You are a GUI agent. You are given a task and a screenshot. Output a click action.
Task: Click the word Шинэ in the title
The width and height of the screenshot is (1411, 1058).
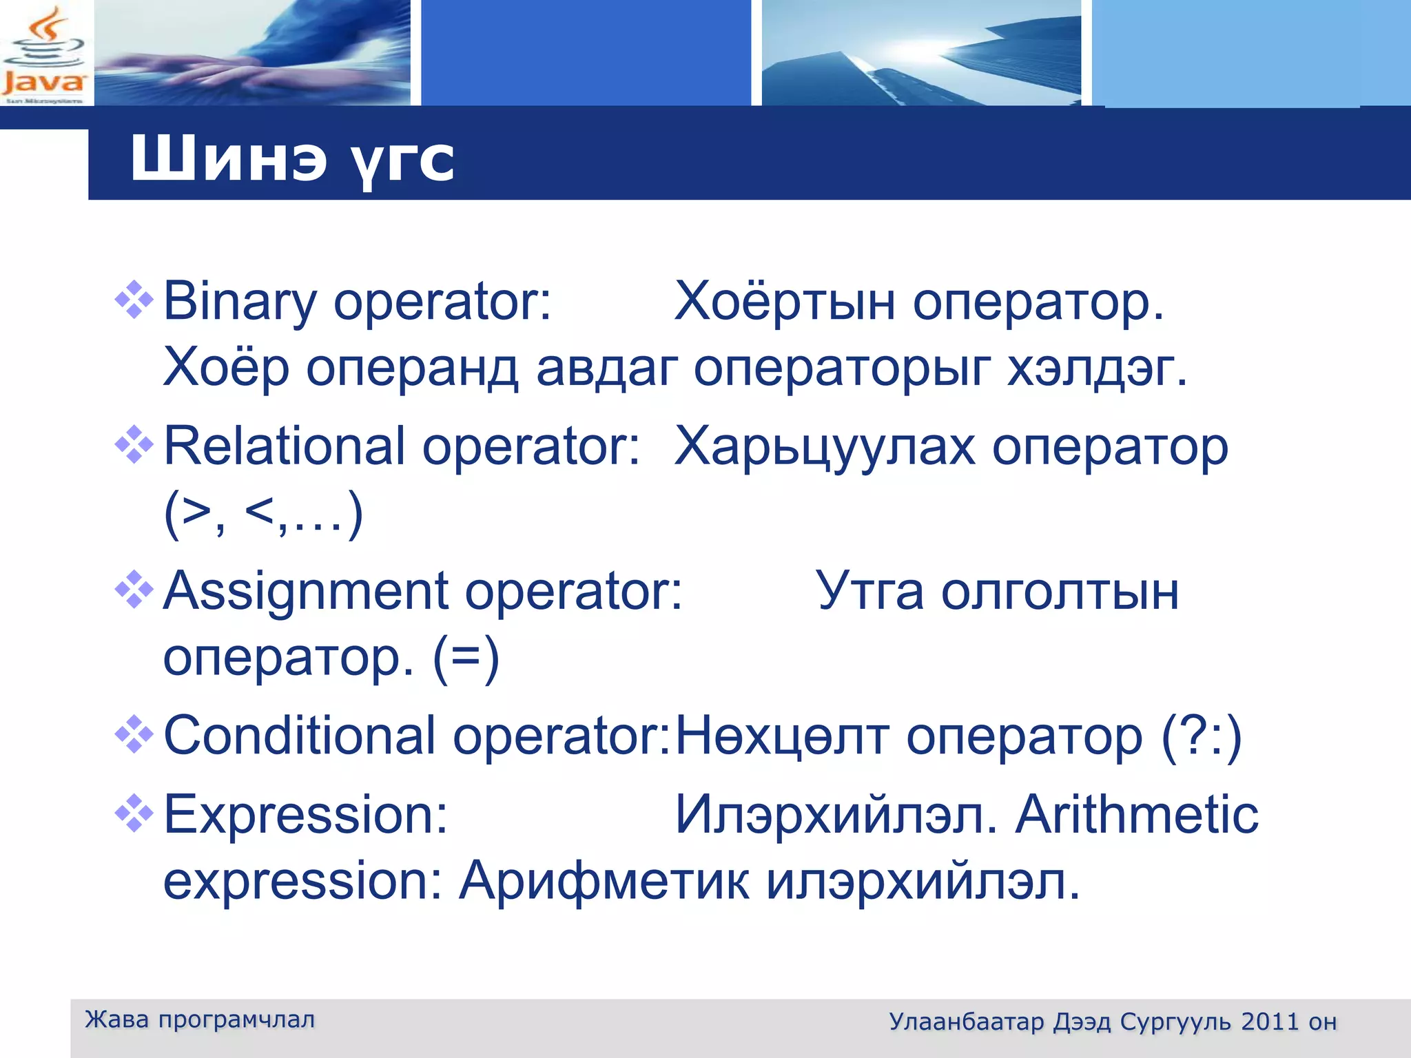click(x=227, y=159)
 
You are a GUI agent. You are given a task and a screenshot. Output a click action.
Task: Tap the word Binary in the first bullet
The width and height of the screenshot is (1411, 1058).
click(x=239, y=302)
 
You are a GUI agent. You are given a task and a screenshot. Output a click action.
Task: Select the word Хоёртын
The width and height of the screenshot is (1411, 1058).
click(x=785, y=302)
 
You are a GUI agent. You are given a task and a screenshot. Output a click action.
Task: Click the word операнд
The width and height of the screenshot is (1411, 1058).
click(x=411, y=368)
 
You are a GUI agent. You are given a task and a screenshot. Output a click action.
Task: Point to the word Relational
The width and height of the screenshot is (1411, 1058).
click(x=284, y=446)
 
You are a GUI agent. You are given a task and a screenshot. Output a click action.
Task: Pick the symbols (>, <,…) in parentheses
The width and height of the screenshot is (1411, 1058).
click(x=263, y=514)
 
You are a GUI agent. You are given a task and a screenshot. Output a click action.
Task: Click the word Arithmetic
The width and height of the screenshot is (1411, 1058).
click(x=1137, y=814)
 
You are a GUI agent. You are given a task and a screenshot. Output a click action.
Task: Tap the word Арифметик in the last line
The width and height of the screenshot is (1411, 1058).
click(x=604, y=880)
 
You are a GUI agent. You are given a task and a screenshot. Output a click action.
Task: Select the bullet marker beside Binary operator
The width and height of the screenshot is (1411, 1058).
click(x=134, y=300)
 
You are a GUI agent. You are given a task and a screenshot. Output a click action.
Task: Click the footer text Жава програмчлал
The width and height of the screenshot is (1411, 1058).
click(x=200, y=1019)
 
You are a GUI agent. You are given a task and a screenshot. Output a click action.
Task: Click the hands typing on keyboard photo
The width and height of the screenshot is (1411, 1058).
click(x=252, y=54)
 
